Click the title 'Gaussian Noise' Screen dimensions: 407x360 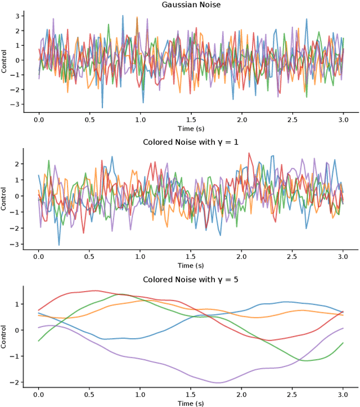click(191, 5)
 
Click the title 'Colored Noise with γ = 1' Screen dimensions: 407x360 click(191, 142)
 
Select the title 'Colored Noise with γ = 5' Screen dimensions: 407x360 click(191, 279)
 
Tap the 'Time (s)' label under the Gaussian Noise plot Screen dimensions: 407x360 click(191, 128)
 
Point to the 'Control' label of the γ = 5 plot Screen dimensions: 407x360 click(4, 337)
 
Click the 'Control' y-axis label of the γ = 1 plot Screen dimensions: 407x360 click(4, 199)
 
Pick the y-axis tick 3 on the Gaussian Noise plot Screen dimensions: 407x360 click(19, 16)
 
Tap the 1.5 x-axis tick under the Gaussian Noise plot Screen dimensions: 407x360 click(191, 119)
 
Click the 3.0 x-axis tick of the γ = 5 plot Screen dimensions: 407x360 click(343, 395)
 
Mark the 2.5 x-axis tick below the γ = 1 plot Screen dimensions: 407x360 click(292, 257)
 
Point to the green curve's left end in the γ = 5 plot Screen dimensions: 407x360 click(39, 341)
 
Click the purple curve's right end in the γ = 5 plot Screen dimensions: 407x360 click(343, 328)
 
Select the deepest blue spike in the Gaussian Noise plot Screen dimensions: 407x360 click(102, 108)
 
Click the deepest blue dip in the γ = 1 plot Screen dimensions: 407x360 click(59, 245)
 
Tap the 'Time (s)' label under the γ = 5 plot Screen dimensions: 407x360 click(191, 403)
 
